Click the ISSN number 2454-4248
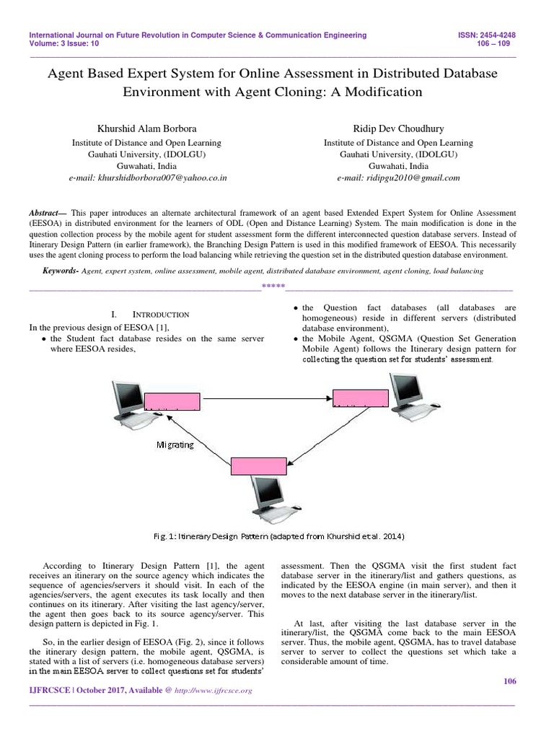[503, 35]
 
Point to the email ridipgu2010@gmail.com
[398, 178]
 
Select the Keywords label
[60, 270]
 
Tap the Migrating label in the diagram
[175, 445]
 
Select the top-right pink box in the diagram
[360, 397]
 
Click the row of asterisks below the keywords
[273, 287]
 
